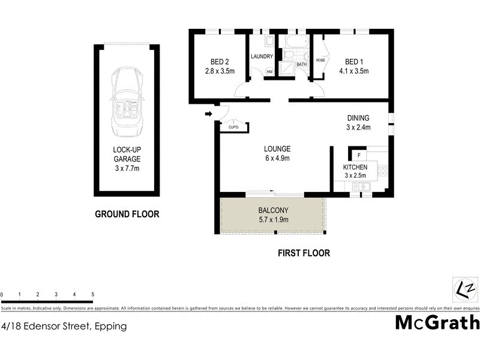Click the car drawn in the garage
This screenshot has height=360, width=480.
(x=127, y=103)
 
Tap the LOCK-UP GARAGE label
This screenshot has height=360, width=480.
(x=127, y=159)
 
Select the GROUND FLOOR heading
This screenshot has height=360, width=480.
(x=127, y=214)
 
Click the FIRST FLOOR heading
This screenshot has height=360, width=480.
(x=304, y=253)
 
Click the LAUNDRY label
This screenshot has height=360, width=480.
(x=262, y=57)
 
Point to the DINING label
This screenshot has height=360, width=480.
(x=358, y=122)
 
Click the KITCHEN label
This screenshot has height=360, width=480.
(x=355, y=170)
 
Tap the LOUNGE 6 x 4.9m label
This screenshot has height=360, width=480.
(x=277, y=154)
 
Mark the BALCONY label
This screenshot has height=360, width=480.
(x=274, y=215)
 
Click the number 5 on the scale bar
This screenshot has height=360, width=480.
(x=93, y=295)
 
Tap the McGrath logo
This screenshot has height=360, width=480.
(x=437, y=322)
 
